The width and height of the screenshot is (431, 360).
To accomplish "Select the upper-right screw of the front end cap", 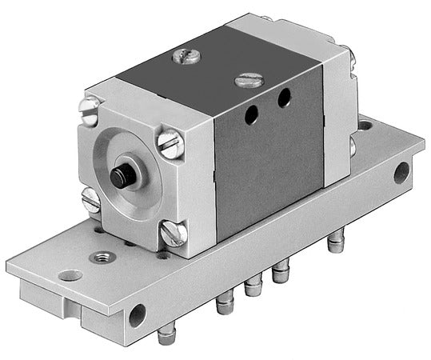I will (170, 143).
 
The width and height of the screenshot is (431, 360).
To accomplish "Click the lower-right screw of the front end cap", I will (173, 233).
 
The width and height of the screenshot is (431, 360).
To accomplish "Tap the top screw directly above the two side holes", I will (248, 79).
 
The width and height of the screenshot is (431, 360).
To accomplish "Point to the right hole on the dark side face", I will (284, 98).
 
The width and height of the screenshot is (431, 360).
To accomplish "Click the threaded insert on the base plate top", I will (102, 257).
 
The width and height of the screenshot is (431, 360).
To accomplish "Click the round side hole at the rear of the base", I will (400, 173).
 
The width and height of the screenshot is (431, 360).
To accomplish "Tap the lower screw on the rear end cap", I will (353, 147).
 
